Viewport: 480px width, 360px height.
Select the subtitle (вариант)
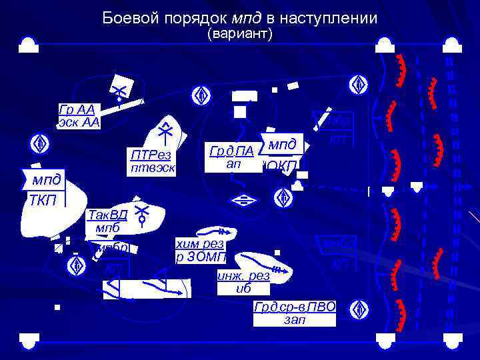tap(240, 34)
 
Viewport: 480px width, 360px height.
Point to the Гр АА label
tap(77, 109)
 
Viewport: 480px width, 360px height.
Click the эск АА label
tap(79, 122)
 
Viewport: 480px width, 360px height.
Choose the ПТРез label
tap(151, 155)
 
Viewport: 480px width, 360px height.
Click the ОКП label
tap(283, 166)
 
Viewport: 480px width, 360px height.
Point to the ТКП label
tap(43, 200)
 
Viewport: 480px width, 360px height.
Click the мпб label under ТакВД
tap(107, 228)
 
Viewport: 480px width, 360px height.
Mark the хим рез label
tap(199, 244)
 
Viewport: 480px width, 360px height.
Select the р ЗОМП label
tap(201, 257)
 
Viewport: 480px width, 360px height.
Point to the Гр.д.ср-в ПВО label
tap(295, 307)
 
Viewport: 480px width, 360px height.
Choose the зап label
tap(295, 320)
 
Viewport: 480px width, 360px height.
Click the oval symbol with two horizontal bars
tap(246, 199)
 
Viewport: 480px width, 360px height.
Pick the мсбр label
tap(111, 248)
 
